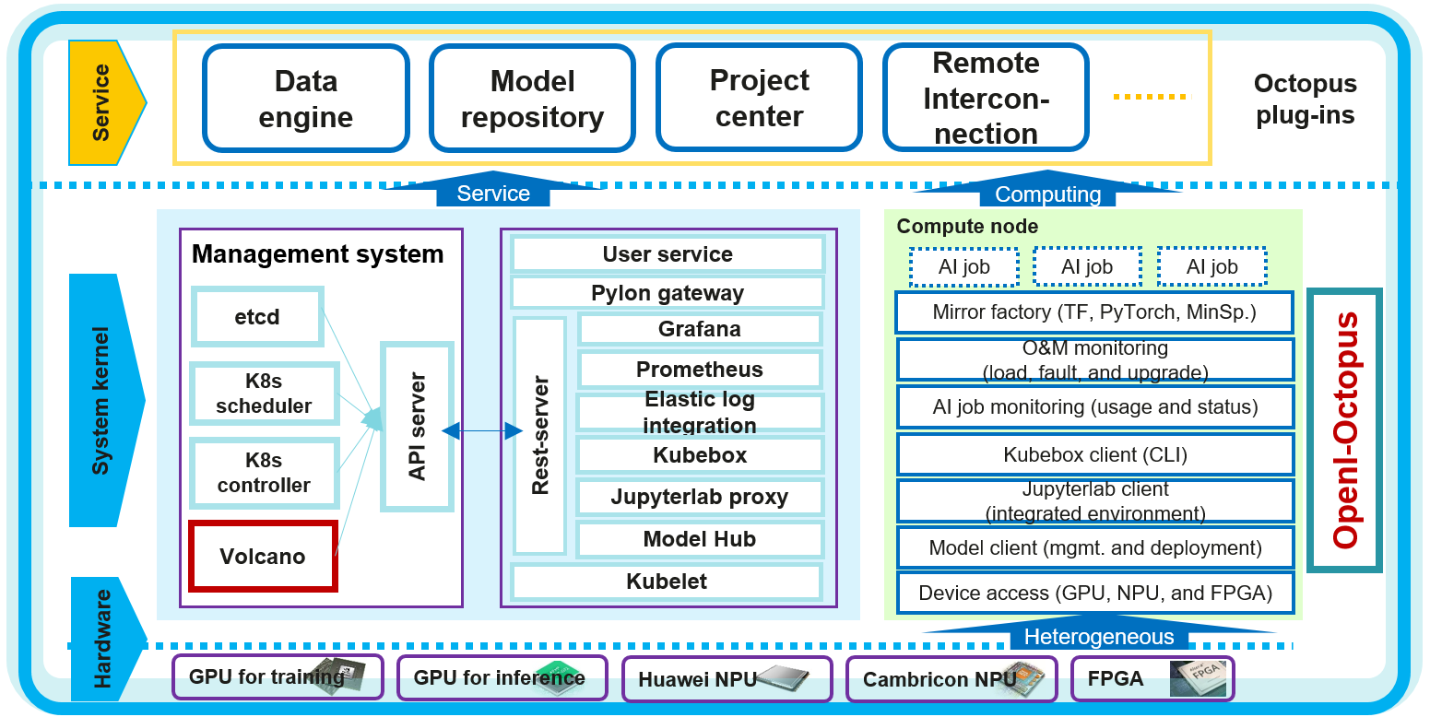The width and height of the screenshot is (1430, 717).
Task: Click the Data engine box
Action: (x=305, y=99)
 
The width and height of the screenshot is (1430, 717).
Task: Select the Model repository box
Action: (x=532, y=99)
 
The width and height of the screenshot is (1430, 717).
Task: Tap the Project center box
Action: (x=759, y=99)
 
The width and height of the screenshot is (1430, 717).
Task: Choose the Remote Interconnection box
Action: (x=986, y=99)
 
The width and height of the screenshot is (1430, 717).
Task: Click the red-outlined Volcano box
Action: (x=263, y=556)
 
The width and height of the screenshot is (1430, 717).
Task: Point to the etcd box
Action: (x=257, y=317)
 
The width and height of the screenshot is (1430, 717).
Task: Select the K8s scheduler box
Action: (x=264, y=394)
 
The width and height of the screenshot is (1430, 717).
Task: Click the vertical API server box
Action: (x=417, y=426)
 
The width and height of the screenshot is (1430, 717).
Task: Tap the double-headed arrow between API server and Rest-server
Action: (x=482, y=430)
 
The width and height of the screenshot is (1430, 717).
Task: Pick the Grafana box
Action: (x=699, y=329)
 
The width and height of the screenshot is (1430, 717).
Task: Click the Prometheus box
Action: (x=699, y=370)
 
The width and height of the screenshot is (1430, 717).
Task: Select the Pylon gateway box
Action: (x=667, y=293)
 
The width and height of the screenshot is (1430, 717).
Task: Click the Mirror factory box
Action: (x=1094, y=312)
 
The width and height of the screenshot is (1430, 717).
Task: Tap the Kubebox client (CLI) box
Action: (x=1094, y=454)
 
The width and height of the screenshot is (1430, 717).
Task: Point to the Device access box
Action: (x=1094, y=594)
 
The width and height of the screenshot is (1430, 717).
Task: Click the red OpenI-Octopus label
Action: (x=1345, y=429)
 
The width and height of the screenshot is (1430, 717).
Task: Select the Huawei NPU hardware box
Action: (x=727, y=679)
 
